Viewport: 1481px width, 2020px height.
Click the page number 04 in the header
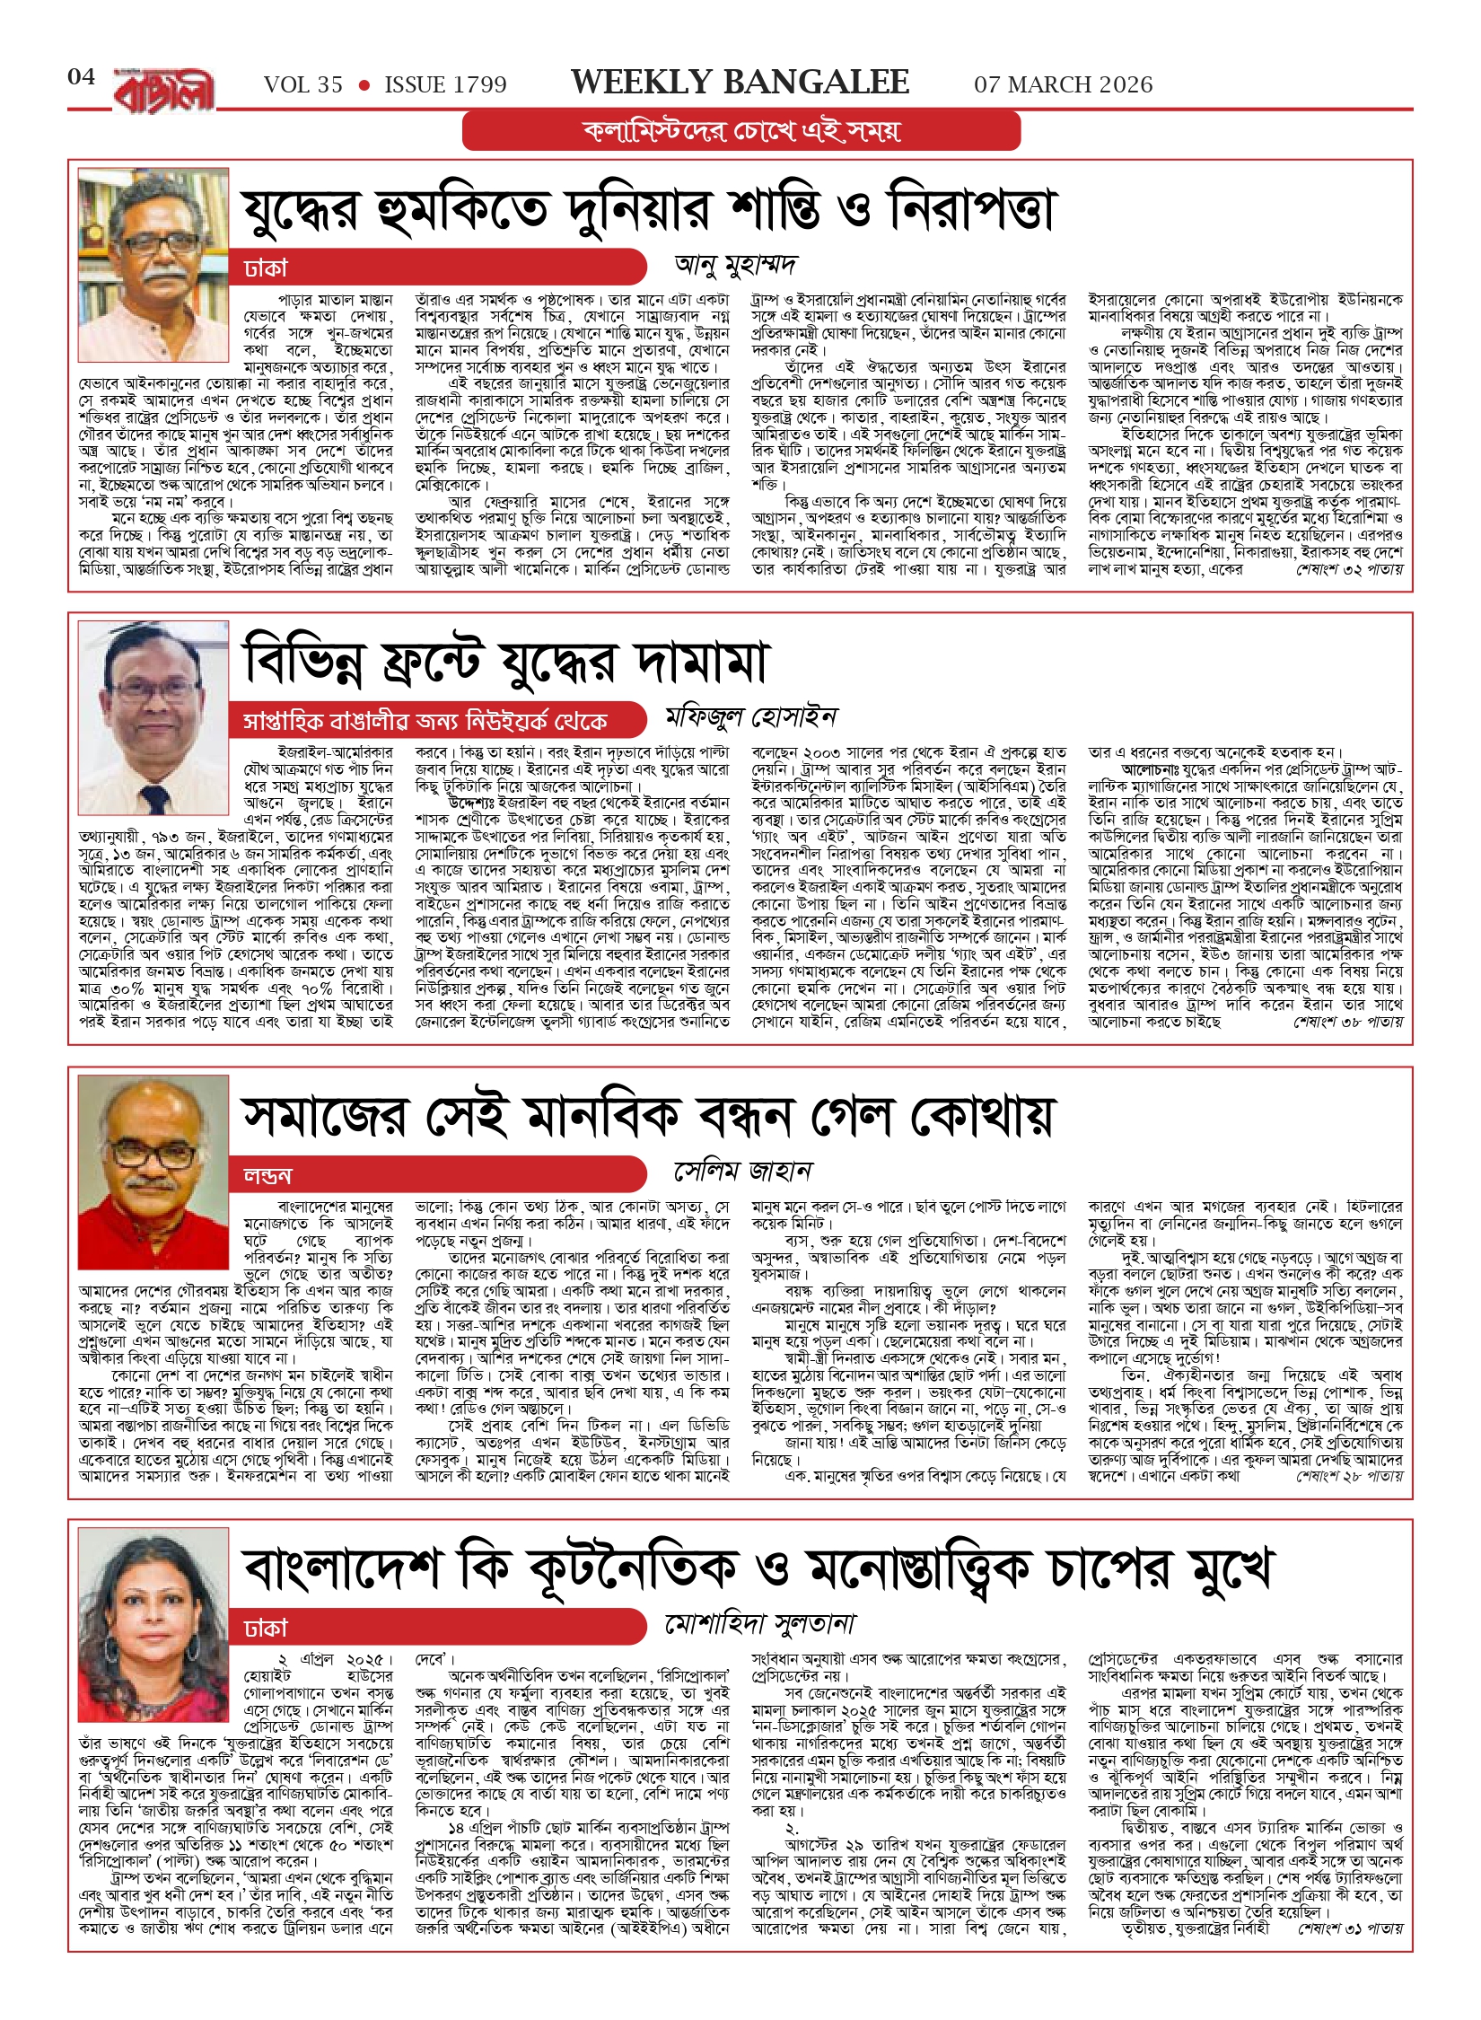point(81,77)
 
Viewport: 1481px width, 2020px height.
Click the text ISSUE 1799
point(445,85)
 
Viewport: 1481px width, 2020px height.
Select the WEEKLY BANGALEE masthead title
point(740,83)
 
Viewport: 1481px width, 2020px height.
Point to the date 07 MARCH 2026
point(1063,85)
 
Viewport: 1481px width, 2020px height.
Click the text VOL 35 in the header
point(303,85)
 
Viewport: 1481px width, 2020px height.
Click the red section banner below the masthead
point(740,131)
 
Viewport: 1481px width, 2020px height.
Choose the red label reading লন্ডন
point(267,1176)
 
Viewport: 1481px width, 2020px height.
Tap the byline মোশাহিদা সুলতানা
point(759,1623)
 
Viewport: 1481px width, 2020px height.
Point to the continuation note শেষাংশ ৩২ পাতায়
point(1349,570)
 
